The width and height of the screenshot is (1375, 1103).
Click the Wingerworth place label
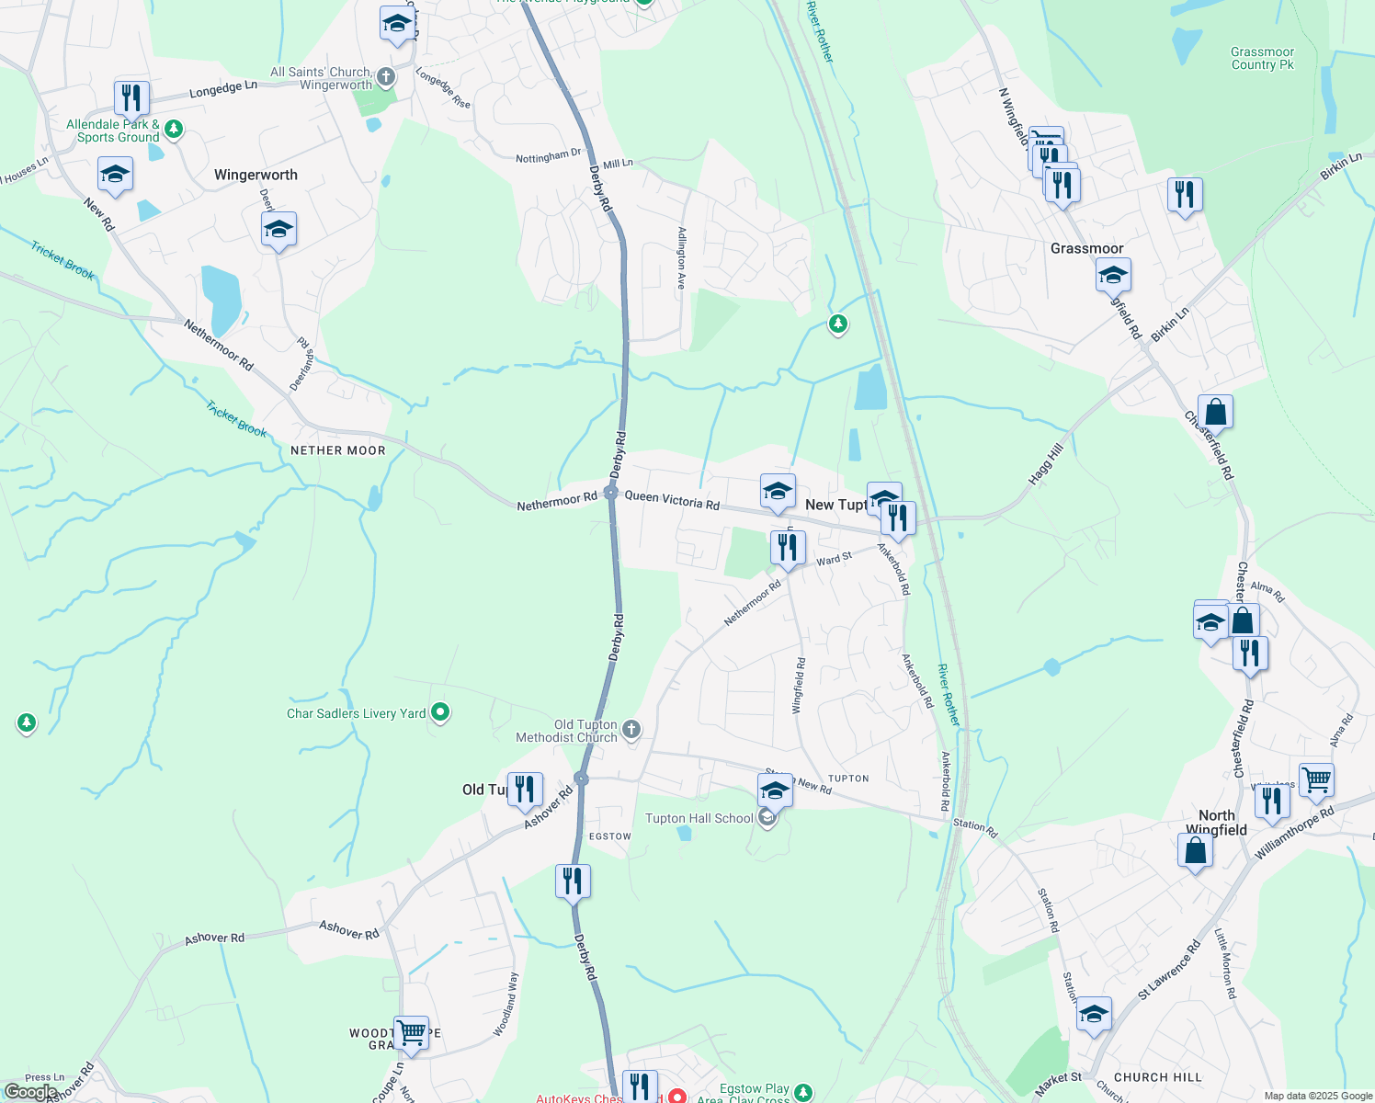[x=256, y=175]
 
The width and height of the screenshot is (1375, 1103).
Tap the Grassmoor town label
[x=1086, y=248]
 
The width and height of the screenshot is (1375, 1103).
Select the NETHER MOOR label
[x=338, y=450]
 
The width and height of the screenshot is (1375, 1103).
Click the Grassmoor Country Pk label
[x=1262, y=59]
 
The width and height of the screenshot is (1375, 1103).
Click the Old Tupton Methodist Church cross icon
[x=631, y=731]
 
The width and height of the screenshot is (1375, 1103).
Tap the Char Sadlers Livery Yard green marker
[x=440, y=712]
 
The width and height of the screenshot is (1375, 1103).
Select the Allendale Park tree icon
[x=174, y=130]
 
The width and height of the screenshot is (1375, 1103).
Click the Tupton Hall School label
[x=699, y=818]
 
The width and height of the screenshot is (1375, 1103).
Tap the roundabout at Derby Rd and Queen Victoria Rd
[x=611, y=494]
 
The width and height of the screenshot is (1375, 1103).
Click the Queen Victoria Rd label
[x=672, y=499]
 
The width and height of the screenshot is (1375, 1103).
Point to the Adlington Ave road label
[x=681, y=258]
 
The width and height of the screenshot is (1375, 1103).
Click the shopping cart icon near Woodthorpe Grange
[x=411, y=1033]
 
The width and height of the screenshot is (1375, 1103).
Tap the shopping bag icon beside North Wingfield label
[x=1195, y=850]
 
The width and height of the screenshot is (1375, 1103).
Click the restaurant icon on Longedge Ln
[x=132, y=98]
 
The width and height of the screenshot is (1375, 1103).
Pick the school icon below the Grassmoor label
[x=1113, y=275]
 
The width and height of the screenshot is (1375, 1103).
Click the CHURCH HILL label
[x=1157, y=1077]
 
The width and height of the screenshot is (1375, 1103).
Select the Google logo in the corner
[x=30, y=1092]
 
